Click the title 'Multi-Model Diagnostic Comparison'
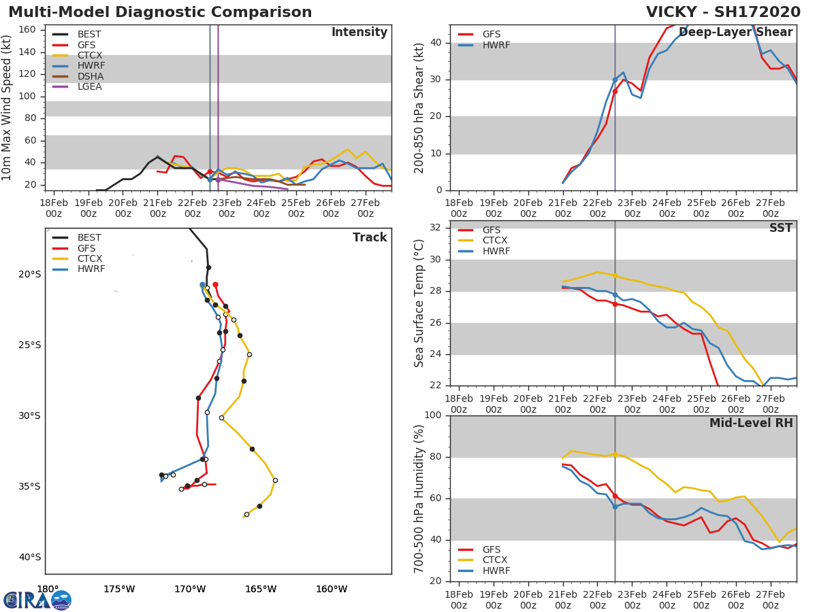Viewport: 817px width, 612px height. tap(160, 12)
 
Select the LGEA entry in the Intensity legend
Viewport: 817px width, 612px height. tap(89, 86)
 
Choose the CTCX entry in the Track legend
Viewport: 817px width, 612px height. tap(89, 258)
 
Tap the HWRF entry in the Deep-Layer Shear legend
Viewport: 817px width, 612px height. tap(496, 45)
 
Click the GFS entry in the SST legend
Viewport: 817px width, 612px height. tap(491, 230)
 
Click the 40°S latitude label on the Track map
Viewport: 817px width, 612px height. tap(29, 557)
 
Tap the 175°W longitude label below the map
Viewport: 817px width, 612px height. tap(118, 589)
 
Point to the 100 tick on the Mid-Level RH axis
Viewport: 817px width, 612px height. tap(433, 415)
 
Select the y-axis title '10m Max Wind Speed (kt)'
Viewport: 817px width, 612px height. tap(7, 107)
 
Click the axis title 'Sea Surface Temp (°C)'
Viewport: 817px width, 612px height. tap(419, 303)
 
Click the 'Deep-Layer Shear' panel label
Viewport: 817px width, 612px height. tap(735, 33)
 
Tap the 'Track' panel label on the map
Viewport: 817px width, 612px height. tap(370, 237)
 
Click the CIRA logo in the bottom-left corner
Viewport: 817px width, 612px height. tap(37, 600)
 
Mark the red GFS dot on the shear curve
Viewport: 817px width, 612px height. tap(615, 91)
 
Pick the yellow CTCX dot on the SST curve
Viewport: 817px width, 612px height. tap(615, 275)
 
